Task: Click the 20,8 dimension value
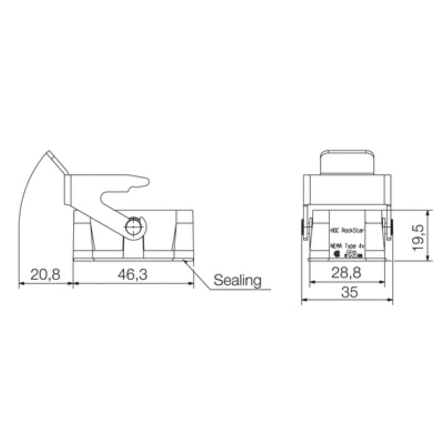(45, 274)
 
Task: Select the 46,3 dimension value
(133, 274)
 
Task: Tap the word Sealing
(238, 280)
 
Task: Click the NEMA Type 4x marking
(346, 245)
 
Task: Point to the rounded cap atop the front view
(346, 162)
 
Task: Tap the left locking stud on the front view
(304, 229)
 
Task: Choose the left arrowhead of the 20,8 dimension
(22, 283)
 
